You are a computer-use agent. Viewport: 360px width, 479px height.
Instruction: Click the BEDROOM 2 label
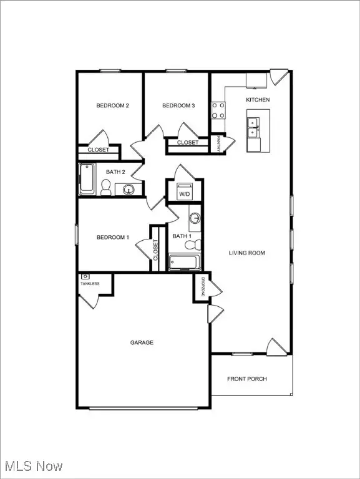click(112, 106)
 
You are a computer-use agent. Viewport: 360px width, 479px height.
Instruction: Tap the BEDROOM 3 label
click(179, 106)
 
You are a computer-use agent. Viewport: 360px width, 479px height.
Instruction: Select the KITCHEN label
click(258, 100)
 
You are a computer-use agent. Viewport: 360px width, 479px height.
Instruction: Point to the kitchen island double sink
click(254, 127)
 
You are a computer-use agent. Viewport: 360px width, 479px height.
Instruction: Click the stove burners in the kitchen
click(218, 110)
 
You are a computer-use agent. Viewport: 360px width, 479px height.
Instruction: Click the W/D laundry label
click(185, 195)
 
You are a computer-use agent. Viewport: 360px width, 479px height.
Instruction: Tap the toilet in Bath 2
click(106, 187)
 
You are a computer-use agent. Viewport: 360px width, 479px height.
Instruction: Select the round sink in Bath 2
click(129, 190)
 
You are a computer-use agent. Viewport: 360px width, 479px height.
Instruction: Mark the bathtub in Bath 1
click(184, 263)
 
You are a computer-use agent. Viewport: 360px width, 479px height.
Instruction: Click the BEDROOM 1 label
click(112, 237)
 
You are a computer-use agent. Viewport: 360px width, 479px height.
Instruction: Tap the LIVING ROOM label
click(248, 253)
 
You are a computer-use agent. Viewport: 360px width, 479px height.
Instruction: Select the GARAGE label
click(142, 342)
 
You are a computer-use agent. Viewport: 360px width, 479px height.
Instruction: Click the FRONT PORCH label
click(247, 379)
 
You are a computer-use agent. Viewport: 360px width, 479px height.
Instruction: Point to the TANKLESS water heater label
click(89, 284)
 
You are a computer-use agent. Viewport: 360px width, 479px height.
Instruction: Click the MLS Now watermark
click(31, 466)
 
